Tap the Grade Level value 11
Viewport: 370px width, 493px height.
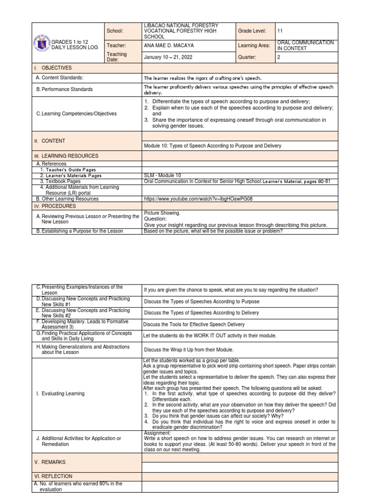280,30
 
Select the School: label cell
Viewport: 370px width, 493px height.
115,30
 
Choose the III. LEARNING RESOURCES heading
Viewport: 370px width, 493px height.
67,156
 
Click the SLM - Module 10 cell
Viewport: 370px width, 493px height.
163,175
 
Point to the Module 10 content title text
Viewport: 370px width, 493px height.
212,145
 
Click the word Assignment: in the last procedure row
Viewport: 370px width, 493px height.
157,433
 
